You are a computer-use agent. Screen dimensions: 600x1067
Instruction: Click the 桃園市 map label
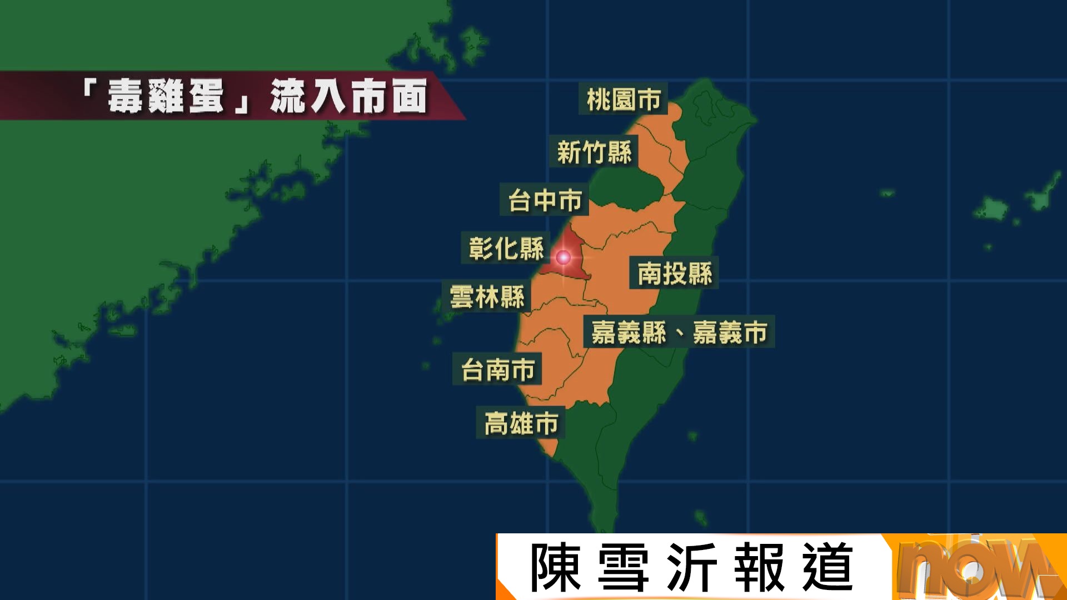pos(623,99)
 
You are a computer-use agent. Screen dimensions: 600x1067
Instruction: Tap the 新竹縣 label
pos(594,152)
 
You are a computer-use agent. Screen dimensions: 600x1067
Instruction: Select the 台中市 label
pos(545,200)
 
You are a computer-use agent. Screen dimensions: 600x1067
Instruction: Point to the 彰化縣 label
pos(506,248)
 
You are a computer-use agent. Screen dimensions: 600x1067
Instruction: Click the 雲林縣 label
pos(487,297)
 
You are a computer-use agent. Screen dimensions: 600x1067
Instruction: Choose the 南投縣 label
pos(674,273)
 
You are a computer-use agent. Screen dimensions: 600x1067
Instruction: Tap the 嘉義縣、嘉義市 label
pos(679,332)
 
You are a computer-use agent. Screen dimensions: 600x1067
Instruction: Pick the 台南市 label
pos(497,369)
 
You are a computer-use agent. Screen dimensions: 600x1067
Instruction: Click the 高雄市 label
pos(521,423)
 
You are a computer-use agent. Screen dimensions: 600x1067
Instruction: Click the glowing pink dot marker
pos(563,257)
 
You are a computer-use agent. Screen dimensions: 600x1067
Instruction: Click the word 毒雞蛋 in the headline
pos(166,96)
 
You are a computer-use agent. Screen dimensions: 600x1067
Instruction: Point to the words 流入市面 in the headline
pos(348,96)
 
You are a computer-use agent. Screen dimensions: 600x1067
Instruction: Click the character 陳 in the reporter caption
pos(555,567)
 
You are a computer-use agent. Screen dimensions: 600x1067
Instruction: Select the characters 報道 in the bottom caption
pos(793,567)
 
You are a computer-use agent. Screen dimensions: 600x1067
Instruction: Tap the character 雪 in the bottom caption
pos(623,567)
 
